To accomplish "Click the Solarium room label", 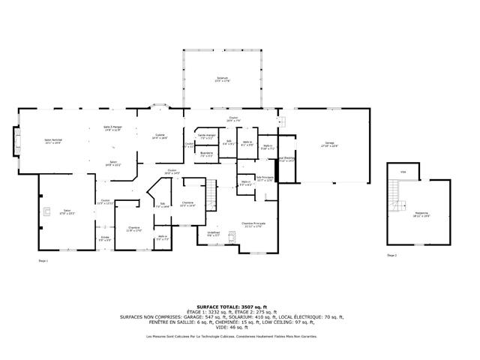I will pos(222,79).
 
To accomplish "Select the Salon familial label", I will pos(52,142).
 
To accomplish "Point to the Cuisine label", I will pos(160,136).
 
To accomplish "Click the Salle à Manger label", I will pos(112,129).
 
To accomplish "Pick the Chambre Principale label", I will pos(253,225).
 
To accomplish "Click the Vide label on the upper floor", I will pos(403,172).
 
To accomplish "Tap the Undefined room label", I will pos(214,234).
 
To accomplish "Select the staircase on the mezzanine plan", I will pos(394,198).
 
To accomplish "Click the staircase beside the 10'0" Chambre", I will pos(211,196).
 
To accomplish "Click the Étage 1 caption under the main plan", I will pos(43,260).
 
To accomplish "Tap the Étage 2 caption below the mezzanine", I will pos(391,255).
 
